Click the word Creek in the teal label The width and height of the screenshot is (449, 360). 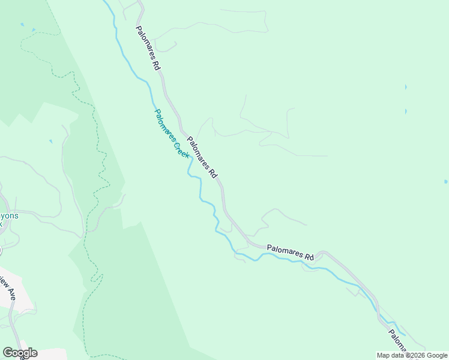(182, 150)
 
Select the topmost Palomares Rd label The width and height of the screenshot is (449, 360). (148, 49)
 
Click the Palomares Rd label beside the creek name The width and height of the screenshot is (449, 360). (202, 157)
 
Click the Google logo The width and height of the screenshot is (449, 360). (20, 353)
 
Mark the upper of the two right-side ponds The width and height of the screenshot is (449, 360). (406, 87)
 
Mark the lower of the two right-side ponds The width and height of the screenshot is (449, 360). (406, 111)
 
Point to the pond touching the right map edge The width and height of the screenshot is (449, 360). (445, 181)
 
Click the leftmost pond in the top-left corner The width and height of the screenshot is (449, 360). (22, 25)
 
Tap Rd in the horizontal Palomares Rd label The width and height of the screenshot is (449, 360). (309, 257)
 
